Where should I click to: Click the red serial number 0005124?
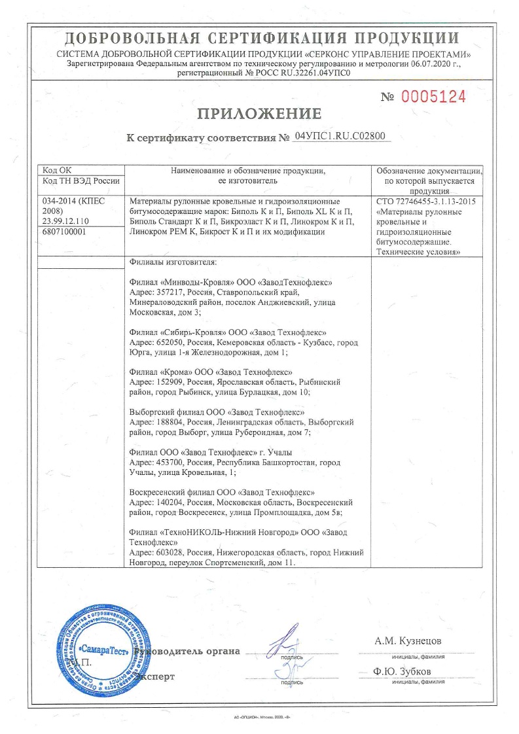pyautogui.click(x=433, y=97)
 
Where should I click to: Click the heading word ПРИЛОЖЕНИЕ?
pyautogui.click(x=259, y=114)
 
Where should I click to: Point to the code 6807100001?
pyautogui.click(x=65, y=232)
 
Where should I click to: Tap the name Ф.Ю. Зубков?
pyautogui.click(x=403, y=672)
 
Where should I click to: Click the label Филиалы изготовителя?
pyautogui.click(x=173, y=263)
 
